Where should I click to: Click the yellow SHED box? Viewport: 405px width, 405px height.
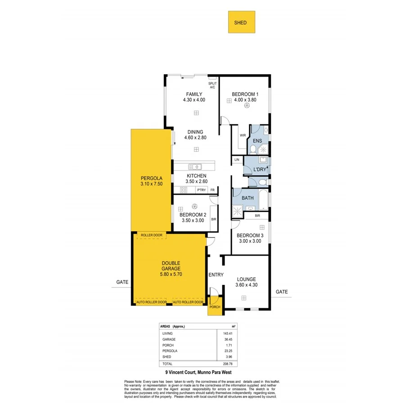pyautogui.click(x=241, y=22)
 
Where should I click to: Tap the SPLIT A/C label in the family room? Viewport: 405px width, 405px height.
pyautogui.click(x=212, y=85)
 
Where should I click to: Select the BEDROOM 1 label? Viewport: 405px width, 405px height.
pyautogui.click(x=244, y=94)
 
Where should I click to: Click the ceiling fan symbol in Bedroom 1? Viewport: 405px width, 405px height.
pyautogui.click(x=247, y=106)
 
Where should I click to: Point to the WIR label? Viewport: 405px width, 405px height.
pyautogui.click(x=243, y=135)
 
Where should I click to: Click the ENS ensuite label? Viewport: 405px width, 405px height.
pyautogui.click(x=257, y=140)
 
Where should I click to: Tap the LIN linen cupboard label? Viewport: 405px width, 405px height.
pyautogui.click(x=237, y=160)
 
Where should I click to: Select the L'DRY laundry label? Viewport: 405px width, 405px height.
pyautogui.click(x=260, y=169)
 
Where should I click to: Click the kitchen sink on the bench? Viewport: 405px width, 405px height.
pyautogui.click(x=195, y=166)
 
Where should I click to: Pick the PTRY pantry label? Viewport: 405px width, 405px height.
pyautogui.click(x=201, y=190)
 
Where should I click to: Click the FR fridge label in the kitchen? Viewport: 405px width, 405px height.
pyautogui.click(x=212, y=190)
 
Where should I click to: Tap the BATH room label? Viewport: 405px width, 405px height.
pyautogui.click(x=247, y=198)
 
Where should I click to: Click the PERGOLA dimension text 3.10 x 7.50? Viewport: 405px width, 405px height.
pyautogui.click(x=151, y=183)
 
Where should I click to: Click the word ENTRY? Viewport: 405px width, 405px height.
pyautogui.click(x=216, y=275)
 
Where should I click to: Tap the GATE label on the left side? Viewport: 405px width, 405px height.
pyautogui.click(x=122, y=282)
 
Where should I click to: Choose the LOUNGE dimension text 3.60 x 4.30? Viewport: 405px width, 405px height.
pyautogui.click(x=246, y=285)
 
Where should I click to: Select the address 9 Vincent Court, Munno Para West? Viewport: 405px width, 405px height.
pyautogui.click(x=197, y=372)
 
